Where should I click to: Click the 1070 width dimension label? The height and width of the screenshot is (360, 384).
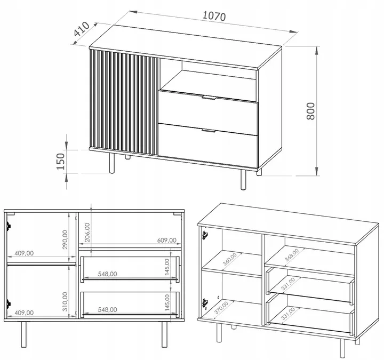(214, 16)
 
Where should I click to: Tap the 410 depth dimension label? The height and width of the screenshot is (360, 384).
(82, 29)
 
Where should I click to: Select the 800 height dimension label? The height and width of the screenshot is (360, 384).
(310, 111)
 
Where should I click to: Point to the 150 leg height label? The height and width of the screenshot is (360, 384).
(60, 162)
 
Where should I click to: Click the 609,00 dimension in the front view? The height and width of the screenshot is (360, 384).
(167, 240)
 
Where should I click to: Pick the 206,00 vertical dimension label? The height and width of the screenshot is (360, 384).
(87, 233)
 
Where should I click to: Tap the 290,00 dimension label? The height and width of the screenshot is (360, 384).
(65, 239)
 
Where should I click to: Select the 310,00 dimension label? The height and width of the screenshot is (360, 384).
(65, 301)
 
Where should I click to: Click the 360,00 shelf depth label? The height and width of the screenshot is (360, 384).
(230, 259)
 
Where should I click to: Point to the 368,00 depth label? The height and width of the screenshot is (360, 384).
(292, 255)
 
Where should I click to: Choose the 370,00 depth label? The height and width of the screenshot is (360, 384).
(221, 308)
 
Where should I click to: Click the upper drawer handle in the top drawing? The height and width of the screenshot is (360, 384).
(209, 98)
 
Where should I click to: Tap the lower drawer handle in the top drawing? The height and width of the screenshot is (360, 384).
(209, 131)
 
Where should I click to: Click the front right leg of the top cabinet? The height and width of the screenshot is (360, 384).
(243, 180)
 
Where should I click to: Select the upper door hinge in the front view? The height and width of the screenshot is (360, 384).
(9, 226)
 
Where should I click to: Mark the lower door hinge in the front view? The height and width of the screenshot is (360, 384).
(9, 303)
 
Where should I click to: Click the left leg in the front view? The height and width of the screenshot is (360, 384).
(23, 334)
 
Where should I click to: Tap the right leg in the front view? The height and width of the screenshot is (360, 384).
(164, 334)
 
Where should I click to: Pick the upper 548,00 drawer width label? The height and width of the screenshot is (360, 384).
(107, 274)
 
